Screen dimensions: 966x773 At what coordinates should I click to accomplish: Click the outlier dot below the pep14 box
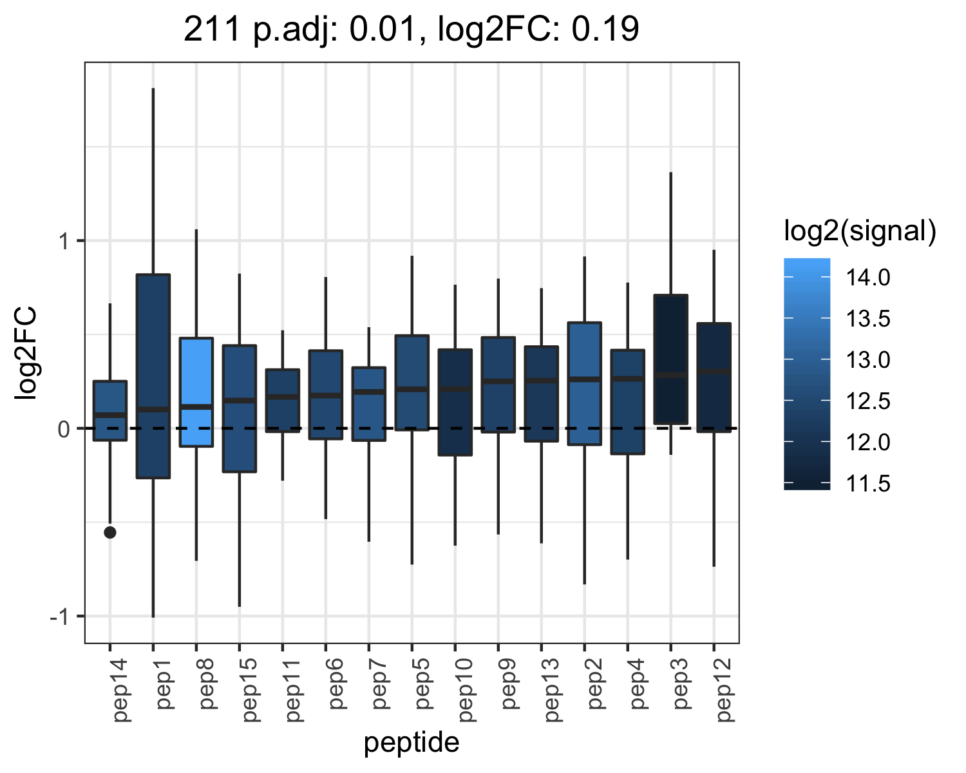tap(110, 532)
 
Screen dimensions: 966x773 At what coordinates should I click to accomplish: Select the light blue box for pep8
tap(196, 392)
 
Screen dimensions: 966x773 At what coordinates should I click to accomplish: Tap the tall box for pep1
tap(153, 376)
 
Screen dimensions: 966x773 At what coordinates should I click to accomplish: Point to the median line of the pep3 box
tap(670, 375)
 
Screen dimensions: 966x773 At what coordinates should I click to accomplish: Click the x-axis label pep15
tap(250, 690)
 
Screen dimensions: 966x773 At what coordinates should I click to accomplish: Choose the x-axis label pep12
tap(724, 690)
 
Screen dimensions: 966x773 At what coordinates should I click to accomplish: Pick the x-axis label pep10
tap(466, 690)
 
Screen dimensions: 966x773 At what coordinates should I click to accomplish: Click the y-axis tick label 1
tap(64, 242)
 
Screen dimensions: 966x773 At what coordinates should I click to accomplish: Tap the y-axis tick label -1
tap(60, 616)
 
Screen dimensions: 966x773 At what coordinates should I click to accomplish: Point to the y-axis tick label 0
tap(64, 430)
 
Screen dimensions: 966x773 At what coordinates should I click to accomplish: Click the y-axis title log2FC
tap(26, 352)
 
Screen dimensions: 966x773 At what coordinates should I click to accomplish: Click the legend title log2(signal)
tap(860, 231)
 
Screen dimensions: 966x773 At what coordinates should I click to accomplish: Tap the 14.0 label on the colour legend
tap(868, 277)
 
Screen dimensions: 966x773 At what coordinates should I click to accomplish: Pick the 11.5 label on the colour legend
tap(868, 484)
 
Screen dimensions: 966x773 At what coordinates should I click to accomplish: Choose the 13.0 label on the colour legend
tap(868, 360)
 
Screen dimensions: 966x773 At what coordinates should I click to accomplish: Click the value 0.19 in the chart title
tap(605, 29)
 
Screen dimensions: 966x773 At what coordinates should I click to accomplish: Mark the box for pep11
tap(282, 401)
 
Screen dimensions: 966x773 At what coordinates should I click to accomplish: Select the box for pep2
tap(585, 383)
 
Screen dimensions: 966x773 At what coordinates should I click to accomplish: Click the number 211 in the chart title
tap(212, 29)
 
